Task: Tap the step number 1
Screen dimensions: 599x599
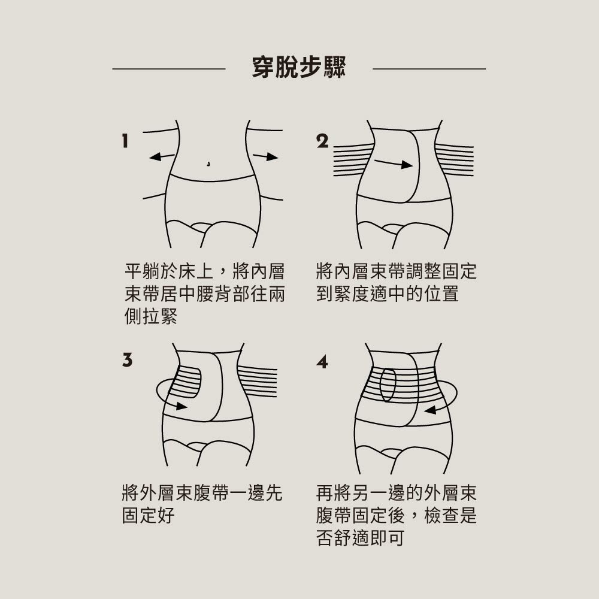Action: [x=125, y=141]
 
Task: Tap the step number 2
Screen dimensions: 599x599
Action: [x=322, y=141]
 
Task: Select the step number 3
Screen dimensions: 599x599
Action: [x=126, y=360]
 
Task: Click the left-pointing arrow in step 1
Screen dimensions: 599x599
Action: [x=161, y=157]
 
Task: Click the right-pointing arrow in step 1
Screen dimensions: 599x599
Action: [x=265, y=157]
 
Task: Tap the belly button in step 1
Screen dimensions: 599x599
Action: [x=208, y=162]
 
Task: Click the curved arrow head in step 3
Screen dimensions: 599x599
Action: [x=181, y=407]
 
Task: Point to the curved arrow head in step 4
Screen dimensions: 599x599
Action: [x=429, y=410]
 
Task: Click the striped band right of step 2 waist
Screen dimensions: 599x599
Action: [x=454, y=160]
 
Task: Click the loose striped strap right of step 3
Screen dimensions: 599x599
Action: [x=258, y=381]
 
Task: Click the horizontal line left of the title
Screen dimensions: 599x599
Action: [x=168, y=69]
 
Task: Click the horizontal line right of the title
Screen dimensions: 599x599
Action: [x=429, y=69]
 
